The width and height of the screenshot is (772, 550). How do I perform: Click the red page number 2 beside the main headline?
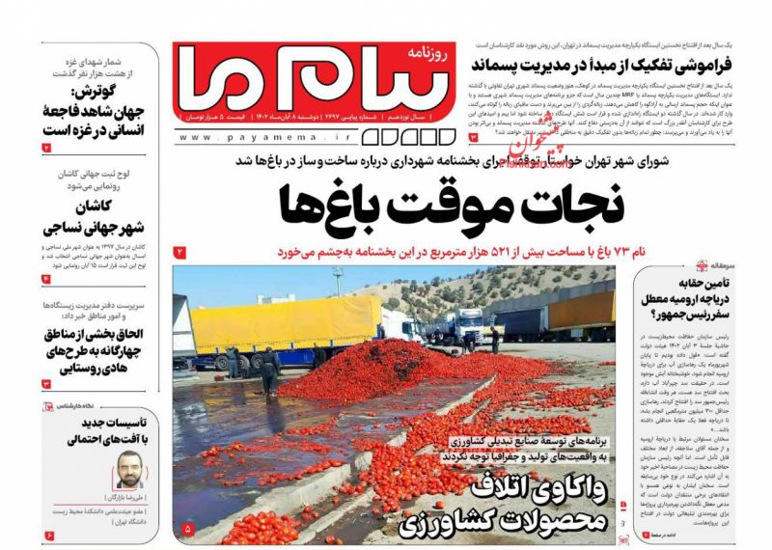179,253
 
